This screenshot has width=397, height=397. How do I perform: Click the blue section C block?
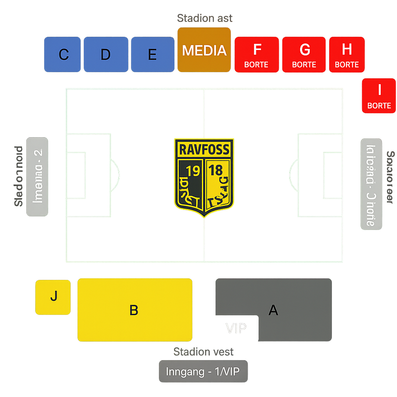pos(62,55)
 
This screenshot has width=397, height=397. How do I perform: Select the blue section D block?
pos(106,55)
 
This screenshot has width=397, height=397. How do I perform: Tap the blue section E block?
pos(153,55)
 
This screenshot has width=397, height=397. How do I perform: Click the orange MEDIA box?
pos(204,50)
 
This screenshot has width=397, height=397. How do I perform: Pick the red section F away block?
pos(257,55)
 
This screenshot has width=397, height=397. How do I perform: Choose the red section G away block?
pos(304,55)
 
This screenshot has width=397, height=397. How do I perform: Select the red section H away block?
pos(347,55)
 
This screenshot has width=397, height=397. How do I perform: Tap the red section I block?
pos(379,96)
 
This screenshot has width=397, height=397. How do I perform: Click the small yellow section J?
pos(53,297)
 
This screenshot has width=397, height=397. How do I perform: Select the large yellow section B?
pos(135,310)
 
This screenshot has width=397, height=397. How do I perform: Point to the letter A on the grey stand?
pos(273,310)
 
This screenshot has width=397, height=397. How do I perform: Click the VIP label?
pos(236,328)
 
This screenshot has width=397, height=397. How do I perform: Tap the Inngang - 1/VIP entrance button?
pos(203,371)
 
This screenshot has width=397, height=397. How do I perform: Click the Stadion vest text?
pos(203,352)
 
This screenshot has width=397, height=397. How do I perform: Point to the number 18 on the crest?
pos(216,170)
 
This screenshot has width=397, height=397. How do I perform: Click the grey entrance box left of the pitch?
pos(37,176)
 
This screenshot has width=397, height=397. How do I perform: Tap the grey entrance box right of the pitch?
pos(371,184)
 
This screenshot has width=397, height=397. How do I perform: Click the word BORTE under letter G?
pos(304,64)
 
